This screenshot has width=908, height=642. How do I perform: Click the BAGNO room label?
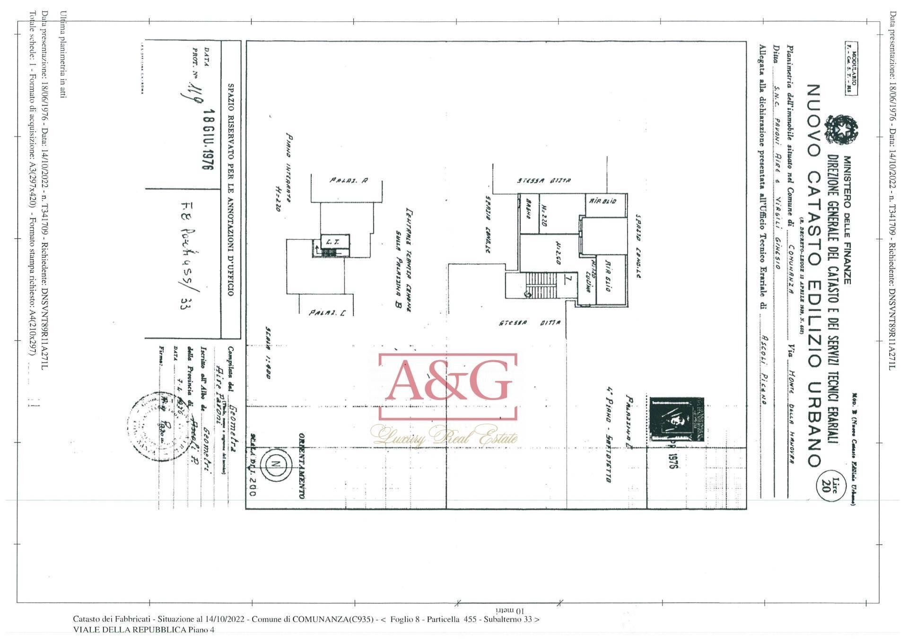pyautogui.click(x=528, y=214)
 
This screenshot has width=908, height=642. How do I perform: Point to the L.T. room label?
pyautogui.click(x=330, y=242)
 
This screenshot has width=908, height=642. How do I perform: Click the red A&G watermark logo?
pyautogui.click(x=447, y=387)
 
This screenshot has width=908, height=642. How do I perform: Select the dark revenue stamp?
pyautogui.click(x=676, y=420)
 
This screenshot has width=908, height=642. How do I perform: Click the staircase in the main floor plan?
pyautogui.click(x=536, y=285)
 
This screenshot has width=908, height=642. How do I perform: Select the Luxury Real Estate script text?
pyautogui.click(x=445, y=435)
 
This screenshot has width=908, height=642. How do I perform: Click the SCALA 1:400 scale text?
pyautogui.click(x=268, y=354)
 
